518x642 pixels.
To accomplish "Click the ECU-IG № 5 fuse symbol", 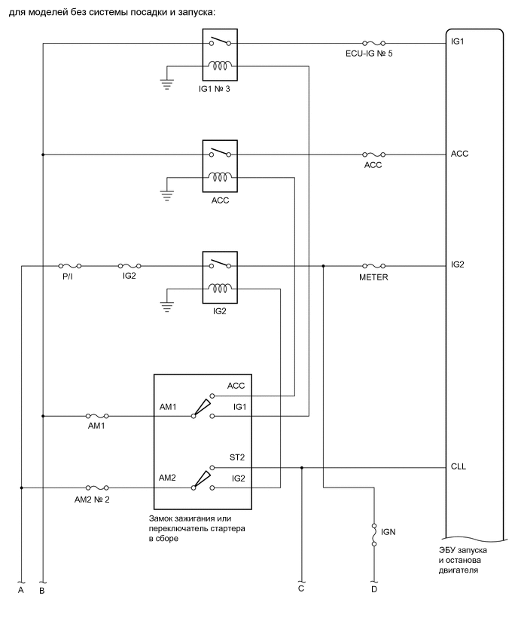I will pyautogui.click(x=374, y=43).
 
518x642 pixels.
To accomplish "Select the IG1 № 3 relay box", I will pyautogui.click(x=220, y=55).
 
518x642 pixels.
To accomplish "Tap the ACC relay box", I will pyautogui.click(x=220, y=166).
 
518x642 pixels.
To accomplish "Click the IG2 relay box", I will pyautogui.click(x=220, y=277).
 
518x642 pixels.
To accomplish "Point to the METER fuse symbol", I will pyautogui.click(x=374, y=266).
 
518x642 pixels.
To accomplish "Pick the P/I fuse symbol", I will pyautogui.click(x=71, y=266).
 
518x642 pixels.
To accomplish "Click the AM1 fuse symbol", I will pyautogui.click(x=98, y=415).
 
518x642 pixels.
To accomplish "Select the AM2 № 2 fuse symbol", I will pyautogui.click(x=98, y=488).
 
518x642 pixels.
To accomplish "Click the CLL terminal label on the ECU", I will pyautogui.click(x=458, y=467).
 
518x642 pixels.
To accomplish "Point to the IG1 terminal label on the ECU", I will pyautogui.click(x=457, y=41).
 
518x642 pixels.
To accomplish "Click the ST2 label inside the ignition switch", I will pyautogui.click(x=236, y=457).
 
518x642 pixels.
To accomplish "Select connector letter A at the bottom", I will pyautogui.click(x=21, y=591).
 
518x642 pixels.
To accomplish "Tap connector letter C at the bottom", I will pyautogui.click(x=301, y=588).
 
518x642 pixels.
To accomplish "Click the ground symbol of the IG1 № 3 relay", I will pyautogui.click(x=167, y=85).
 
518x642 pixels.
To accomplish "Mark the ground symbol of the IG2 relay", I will pyautogui.click(x=167, y=307).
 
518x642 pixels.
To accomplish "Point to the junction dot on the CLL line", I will pyautogui.click(x=301, y=467).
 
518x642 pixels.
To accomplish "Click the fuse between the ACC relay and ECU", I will pyautogui.click(x=374, y=154).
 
